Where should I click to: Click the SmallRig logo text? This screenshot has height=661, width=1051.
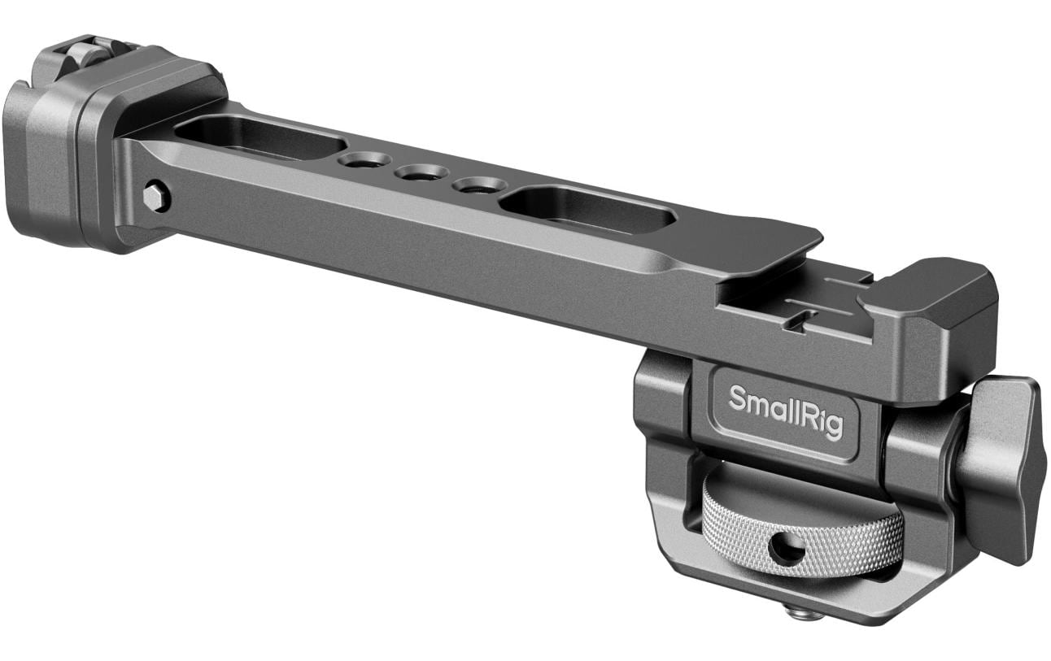[786, 411]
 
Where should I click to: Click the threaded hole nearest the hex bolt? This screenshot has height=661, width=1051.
[364, 160]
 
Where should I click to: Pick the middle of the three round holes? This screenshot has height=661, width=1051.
[421, 172]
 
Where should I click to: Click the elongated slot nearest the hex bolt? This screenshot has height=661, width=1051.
[260, 136]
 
